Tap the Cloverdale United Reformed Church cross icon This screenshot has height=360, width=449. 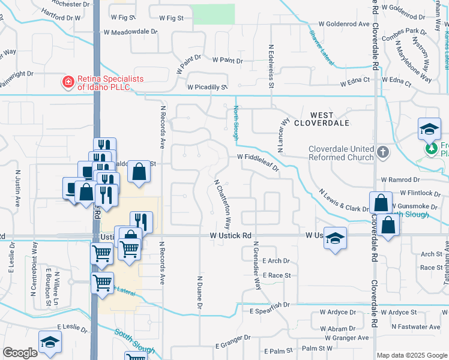(384, 152)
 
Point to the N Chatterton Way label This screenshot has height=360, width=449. (221, 203)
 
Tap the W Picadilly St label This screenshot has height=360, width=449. (208, 87)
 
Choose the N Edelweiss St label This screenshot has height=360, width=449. (271, 65)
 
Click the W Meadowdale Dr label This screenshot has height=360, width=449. (130, 32)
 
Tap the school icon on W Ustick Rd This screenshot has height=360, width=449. (336, 238)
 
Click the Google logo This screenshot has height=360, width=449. (20, 353)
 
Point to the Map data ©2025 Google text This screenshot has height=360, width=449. (411, 355)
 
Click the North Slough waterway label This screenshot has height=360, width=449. (236, 122)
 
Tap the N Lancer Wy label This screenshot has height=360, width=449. (282, 127)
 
